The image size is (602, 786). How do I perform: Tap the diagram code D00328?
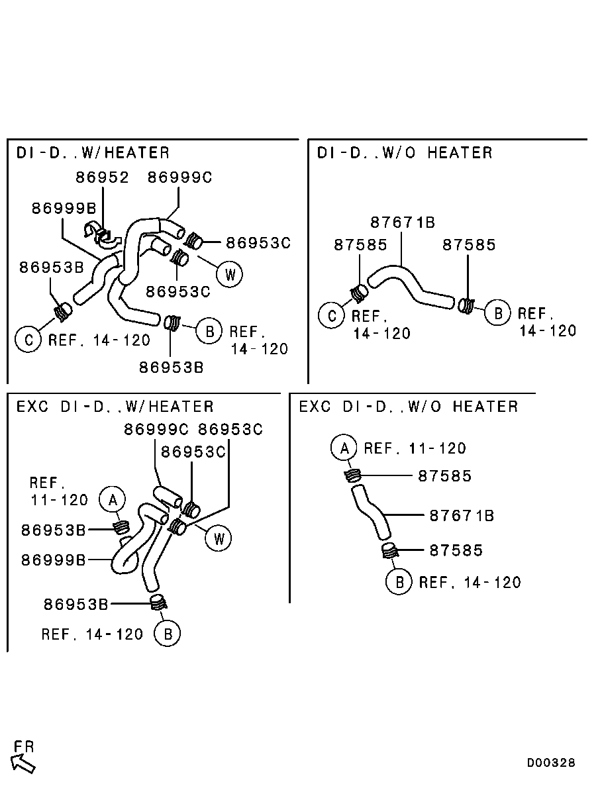(551, 763)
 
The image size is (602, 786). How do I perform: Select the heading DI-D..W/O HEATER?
(405, 153)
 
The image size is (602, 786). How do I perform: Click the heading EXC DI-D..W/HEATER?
(115, 407)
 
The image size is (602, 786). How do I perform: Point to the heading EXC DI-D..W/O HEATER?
(409, 407)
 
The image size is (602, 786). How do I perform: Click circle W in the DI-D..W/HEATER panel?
(230, 274)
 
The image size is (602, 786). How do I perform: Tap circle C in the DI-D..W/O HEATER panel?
(331, 315)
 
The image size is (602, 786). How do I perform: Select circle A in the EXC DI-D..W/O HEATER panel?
(344, 448)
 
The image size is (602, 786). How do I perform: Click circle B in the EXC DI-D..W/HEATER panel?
(167, 634)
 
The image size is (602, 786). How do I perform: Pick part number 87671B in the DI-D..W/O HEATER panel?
(403, 222)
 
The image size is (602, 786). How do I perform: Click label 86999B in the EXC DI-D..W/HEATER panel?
(54, 560)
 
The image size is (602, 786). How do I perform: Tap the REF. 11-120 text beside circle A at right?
(415, 448)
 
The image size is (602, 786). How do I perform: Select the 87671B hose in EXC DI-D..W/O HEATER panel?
(372, 513)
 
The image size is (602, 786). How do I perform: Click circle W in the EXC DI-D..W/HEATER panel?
(218, 538)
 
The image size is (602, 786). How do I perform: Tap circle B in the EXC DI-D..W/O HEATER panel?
(399, 582)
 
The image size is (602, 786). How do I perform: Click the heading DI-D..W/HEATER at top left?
(93, 153)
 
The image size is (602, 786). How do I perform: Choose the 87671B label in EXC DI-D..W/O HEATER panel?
(462, 515)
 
